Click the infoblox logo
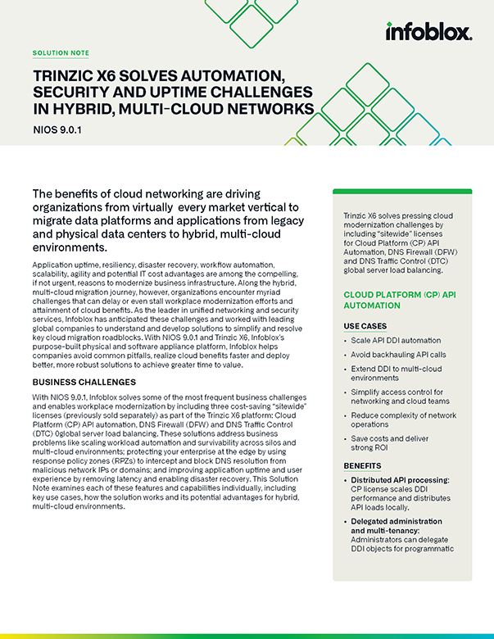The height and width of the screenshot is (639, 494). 428,32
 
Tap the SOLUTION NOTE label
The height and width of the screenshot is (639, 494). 61,52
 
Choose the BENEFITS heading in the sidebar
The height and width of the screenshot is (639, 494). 363,465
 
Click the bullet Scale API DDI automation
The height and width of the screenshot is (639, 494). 396,340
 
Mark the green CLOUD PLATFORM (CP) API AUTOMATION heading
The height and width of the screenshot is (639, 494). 400,299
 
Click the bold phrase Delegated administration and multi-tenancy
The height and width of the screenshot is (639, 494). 397,526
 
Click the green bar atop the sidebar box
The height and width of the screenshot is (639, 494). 401,192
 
